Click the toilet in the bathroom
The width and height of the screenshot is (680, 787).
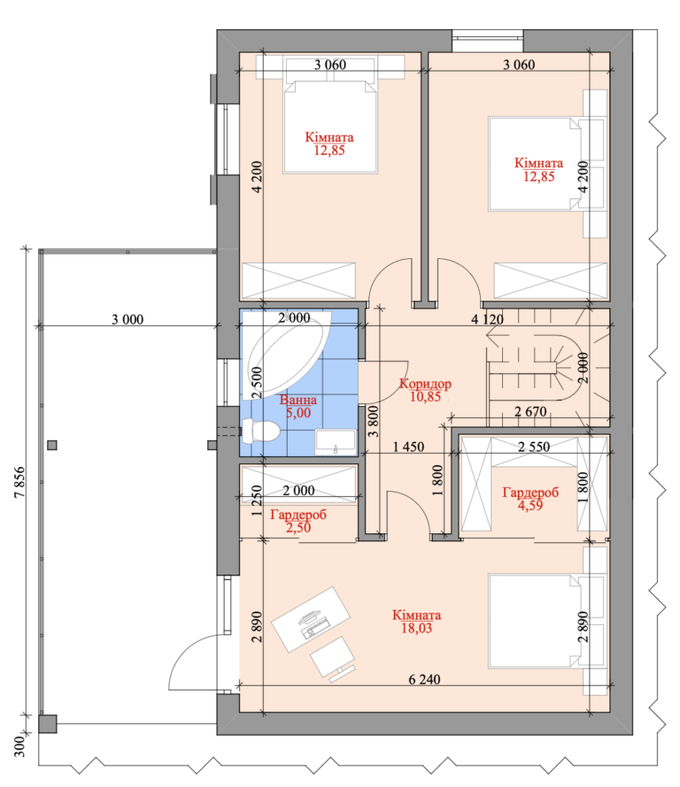pyautogui.click(x=260, y=432)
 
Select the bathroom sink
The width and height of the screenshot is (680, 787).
pyautogui.click(x=336, y=442)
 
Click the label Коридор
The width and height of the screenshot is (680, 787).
pyautogui.click(x=425, y=384)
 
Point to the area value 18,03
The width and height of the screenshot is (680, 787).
pyautogui.click(x=416, y=629)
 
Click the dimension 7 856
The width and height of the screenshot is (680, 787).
pyautogui.click(x=19, y=482)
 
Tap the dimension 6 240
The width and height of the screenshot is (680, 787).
pyautogui.click(x=424, y=679)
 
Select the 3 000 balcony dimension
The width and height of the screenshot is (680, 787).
pyautogui.click(x=127, y=319)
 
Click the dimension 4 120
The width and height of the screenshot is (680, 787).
pyautogui.click(x=487, y=319)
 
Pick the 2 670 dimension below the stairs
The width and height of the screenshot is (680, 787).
pyautogui.click(x=530, y=412)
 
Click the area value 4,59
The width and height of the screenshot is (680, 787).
pyautogui.click(x=530, y=506)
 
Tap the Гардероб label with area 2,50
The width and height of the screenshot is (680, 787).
pyautogui.click(x=298, y=515)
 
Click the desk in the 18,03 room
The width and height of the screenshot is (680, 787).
pyautogui.click(x=311, y=619)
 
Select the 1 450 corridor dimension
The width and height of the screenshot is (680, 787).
pyautogui.click(x=408, y=447)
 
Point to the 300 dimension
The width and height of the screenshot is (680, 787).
pyautogui.click(x=19, y=746)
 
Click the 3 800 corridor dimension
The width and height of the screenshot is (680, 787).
pyautogui.click(x=373, y=422)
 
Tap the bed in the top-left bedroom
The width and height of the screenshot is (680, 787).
pyautogui.click(x=329, y=127)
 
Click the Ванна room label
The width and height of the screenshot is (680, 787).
pyautogui.click(x=298, y=400)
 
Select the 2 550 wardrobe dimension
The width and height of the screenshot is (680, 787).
pyautogui.click(x=534, y=447)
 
